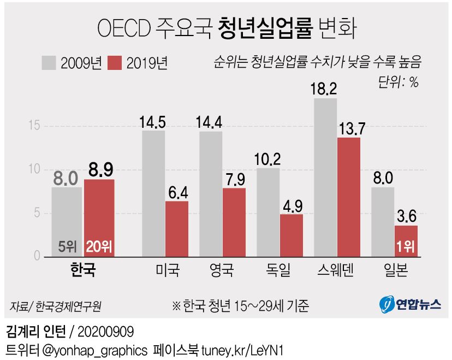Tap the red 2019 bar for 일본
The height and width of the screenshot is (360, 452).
(x=406, y=240)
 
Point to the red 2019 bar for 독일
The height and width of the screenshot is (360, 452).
(x=292, y=235)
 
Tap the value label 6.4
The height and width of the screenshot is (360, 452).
(x=177, y=192)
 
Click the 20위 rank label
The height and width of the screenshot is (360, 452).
(x=99, y=247)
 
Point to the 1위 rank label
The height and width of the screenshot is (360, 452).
(x=406, y=247)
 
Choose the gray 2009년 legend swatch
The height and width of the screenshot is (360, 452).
(x=49, y=63)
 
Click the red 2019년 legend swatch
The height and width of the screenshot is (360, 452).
(x=115, y=63)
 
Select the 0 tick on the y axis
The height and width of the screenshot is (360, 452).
(x=37, y=256)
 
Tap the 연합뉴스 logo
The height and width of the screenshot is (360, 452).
(x=410, y=304)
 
